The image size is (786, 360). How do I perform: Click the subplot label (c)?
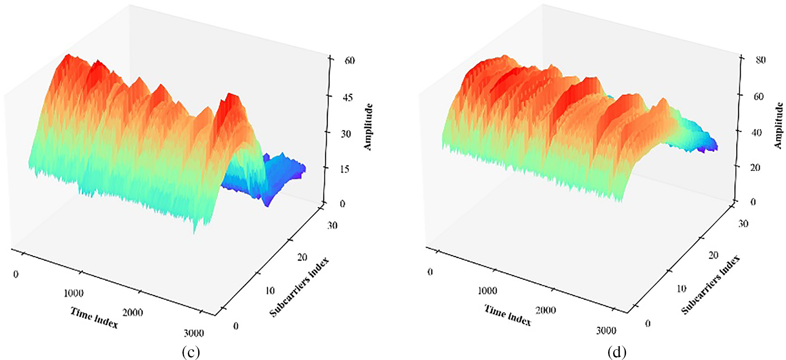(191, 352)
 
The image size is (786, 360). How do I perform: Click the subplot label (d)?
(617, 352)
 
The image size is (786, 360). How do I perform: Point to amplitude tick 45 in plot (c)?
(348, 97)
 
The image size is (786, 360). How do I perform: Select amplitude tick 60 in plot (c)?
(350, 60)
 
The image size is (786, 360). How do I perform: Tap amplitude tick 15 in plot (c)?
(345, 169)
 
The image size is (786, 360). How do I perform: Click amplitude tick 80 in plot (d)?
(760, 60)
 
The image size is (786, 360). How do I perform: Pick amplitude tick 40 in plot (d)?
(757, 132)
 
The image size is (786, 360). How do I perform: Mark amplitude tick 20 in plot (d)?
(755, 168)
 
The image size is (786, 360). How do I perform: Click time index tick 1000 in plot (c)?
(74, 293)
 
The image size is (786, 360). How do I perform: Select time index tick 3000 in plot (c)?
(194, 333)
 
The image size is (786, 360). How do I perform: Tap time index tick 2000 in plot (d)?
(545, 310)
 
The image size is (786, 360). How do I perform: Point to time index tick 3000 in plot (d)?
(606, 330)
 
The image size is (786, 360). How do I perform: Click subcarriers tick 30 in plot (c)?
(332, 226)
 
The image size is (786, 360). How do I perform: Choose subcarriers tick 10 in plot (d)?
(681, 288)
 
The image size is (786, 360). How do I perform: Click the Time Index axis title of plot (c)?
(94, 318)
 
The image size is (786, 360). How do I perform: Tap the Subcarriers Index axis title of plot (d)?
(711, 285)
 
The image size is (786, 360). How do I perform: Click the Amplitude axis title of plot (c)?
(368, 127)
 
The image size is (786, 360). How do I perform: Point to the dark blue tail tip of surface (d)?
(715, 147)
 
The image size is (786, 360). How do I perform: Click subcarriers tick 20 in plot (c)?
(302, 257)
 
